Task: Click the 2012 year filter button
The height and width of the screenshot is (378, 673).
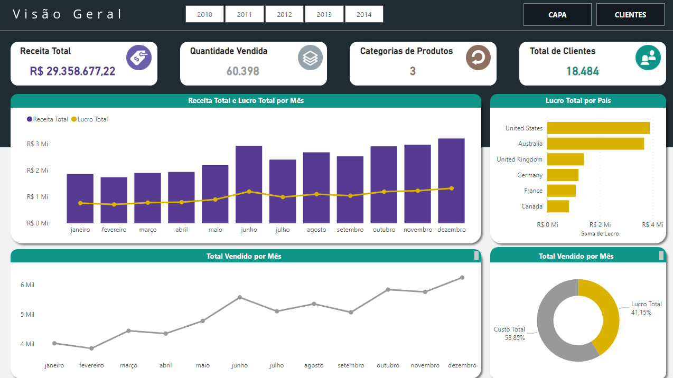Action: pos(284,14)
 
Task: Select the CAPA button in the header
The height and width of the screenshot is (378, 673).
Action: pos(557,15)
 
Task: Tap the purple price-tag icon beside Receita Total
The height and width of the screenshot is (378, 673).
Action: pos(139,58)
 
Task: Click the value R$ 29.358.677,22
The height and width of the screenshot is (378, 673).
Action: pos(73,71)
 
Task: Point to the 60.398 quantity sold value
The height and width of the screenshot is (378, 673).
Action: pos(243,71)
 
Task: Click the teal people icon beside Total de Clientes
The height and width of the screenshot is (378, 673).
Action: pos(648,58)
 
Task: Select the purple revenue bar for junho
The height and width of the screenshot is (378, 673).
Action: pos(249,184)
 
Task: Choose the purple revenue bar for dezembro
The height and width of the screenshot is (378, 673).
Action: pos(451,181)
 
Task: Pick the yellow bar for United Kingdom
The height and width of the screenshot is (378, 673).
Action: pos(565,159)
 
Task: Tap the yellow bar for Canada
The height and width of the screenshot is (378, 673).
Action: pos(558,206)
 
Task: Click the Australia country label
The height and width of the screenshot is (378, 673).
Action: pos(530,144)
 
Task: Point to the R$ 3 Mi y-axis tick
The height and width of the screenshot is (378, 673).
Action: pos(38,144)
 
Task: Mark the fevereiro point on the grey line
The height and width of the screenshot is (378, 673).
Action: pos(91,348)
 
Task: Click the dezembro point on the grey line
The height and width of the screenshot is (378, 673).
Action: pos(462,278)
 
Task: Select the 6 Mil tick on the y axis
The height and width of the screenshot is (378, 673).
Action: pos(27,285)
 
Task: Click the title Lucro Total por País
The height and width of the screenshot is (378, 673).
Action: pos(578,100)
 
